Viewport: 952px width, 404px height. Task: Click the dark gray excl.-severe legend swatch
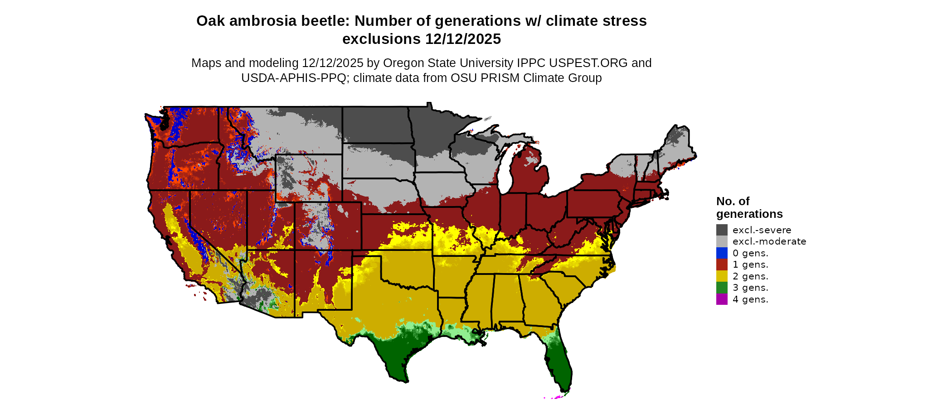[x=722, y=230]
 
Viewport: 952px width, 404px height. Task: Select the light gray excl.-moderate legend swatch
[x=722, y=241]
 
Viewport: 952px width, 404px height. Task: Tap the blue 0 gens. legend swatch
[x=722, y=253]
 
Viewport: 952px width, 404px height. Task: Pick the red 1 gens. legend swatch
[x=722, y=265]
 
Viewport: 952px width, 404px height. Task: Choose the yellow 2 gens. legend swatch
[x=722, y=276]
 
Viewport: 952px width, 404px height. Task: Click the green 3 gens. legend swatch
[x=722, y=288]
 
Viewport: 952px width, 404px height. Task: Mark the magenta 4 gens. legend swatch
[x=722, y=299]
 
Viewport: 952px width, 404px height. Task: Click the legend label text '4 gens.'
[x=750, y=299]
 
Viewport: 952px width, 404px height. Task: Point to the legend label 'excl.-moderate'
[x=769, y=241]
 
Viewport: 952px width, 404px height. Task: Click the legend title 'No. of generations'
[x=749, y=207]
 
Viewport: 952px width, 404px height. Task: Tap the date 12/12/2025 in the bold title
[x=463, y=39]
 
